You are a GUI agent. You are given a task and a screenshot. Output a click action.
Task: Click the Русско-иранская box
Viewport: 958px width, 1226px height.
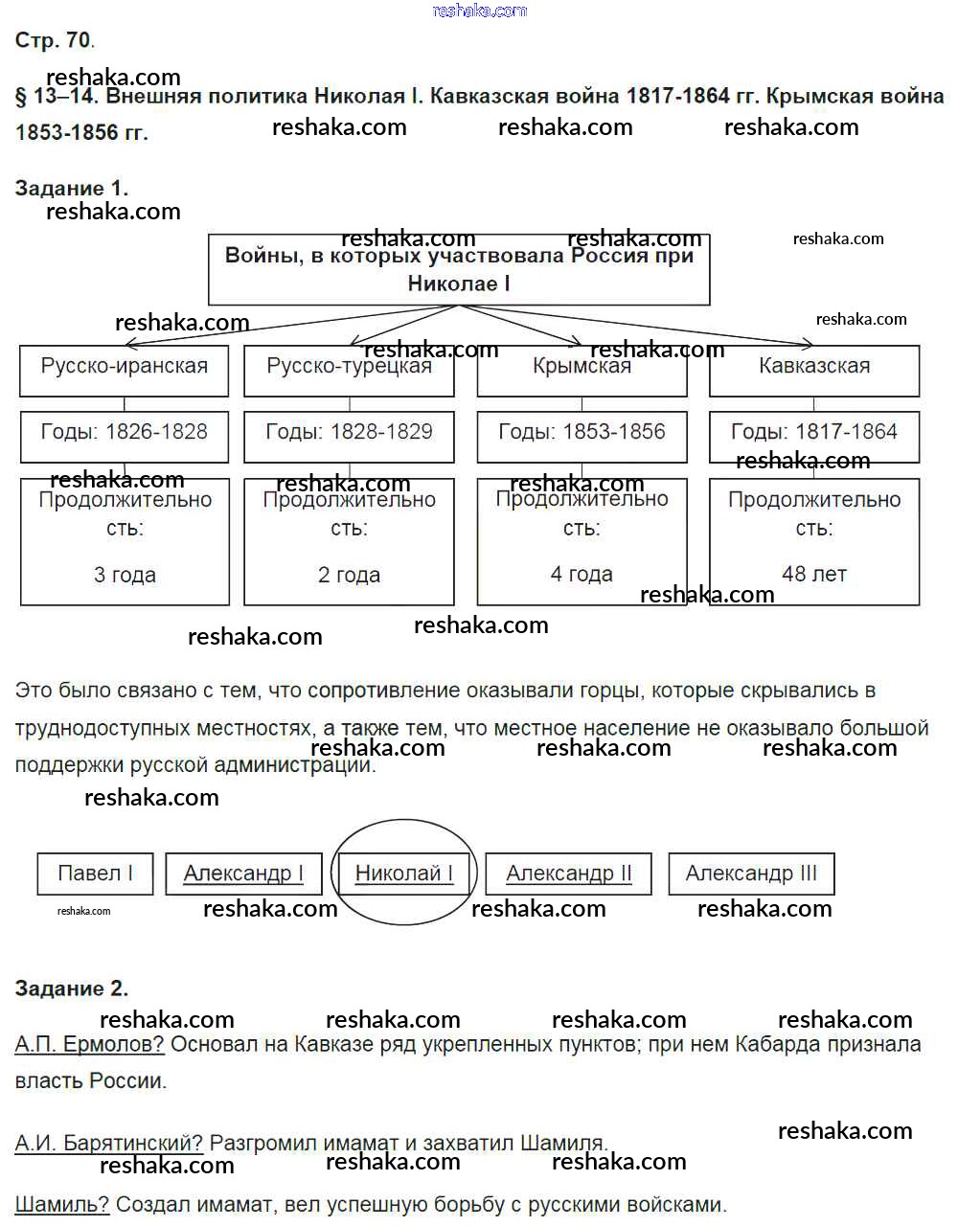[125, 370]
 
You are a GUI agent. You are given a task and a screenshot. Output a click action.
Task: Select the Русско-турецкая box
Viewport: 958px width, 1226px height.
[349, 371]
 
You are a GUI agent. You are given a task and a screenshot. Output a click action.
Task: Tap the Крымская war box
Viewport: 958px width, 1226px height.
[582, 370]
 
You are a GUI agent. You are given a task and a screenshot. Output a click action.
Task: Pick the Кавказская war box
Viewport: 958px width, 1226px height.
[814, 370]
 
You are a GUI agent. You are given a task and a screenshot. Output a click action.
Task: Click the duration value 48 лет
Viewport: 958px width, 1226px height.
[814, 574]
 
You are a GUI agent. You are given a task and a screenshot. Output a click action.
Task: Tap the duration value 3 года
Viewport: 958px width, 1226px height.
[125, 575]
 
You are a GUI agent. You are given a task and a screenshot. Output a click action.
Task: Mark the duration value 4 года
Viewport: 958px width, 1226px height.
[582, 574]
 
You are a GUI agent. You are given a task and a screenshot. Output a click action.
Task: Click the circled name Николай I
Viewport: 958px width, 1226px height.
[403, 873]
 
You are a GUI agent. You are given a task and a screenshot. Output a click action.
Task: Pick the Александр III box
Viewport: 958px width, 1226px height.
[751, 874]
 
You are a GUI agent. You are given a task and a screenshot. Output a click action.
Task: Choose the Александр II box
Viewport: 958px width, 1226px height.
[569, 874]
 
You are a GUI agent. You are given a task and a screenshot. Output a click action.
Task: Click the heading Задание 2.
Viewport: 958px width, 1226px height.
[72, 988]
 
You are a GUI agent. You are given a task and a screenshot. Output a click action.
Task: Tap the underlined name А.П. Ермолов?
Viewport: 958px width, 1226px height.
[90, 1044]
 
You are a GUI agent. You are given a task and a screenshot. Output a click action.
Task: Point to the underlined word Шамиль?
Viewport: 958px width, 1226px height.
[62, 1205]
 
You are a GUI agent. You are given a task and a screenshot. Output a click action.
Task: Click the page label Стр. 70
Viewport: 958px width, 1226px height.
[54, 40]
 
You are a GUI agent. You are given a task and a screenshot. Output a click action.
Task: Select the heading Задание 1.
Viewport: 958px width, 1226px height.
[72, 188]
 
